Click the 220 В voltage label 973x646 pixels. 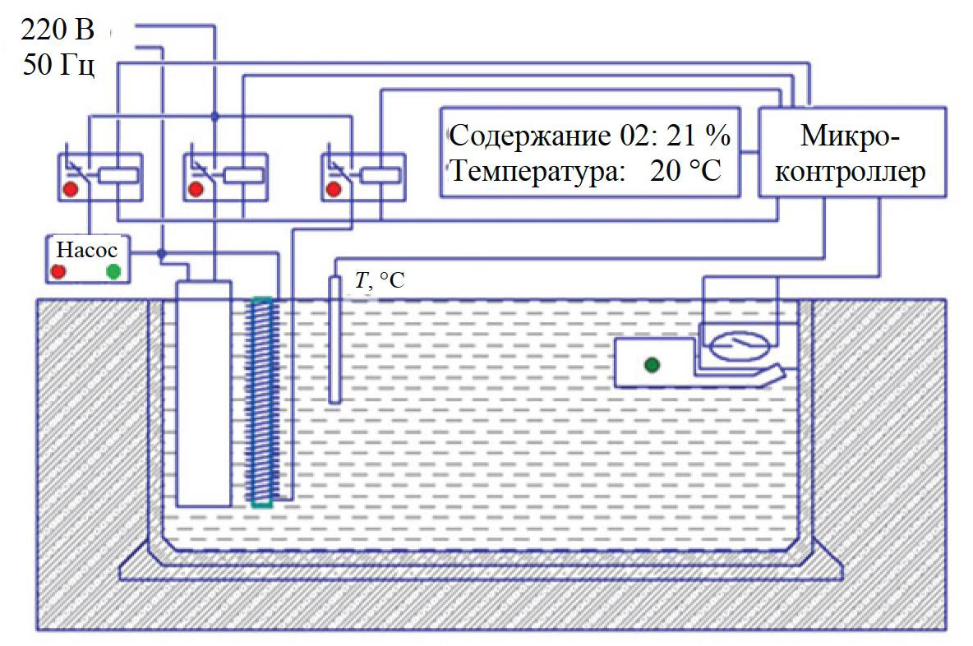point(57,31)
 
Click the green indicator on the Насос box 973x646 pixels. point(113,270)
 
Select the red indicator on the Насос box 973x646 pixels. point(59,270)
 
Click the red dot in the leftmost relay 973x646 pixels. point(71,190)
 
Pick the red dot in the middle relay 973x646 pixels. point(196,190)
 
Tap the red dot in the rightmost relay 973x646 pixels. point(334,190)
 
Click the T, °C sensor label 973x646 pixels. point(379,281)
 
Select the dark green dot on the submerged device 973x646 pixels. point(653,364)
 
